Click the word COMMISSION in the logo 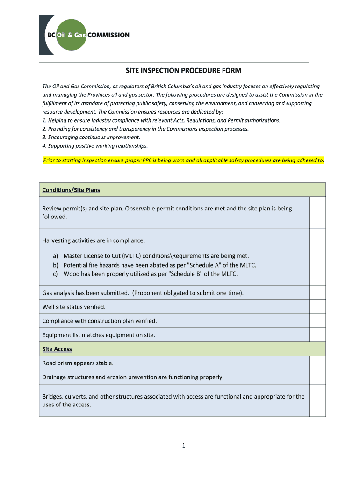tap(108, 35)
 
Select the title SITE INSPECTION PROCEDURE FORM tap(183, 71)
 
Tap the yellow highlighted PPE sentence tap(183, 160)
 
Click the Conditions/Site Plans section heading tap(71, 190)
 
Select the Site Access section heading tap(57, 349)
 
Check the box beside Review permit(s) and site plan tap(317, 212)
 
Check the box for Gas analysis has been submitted tap(317, 293)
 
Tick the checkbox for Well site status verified tap(317, 307)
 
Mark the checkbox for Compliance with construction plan tap(317, 321)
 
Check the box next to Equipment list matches tap(317, 335)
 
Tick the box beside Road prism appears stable tap(317, 363)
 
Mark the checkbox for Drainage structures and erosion tap(317, 377)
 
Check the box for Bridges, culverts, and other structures tap(317, 400)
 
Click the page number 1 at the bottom tap(184, 445)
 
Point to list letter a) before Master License tap(55, 256)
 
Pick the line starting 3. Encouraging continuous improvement tap(91, 137)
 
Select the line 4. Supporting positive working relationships tap(95, 145)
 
